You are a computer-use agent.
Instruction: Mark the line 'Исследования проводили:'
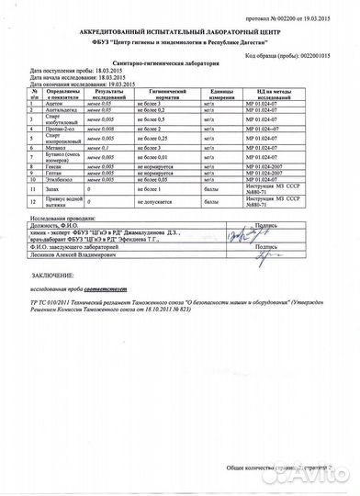point(63,244)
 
